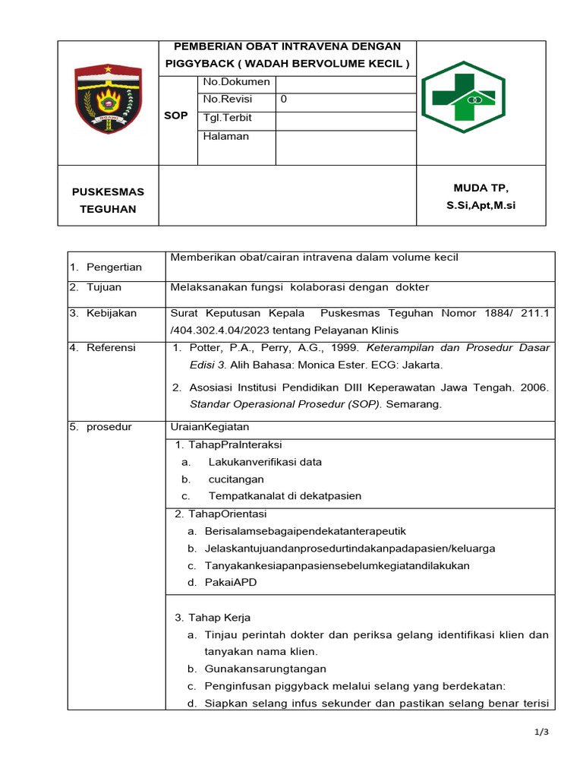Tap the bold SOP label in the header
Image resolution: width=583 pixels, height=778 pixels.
click(176, 115)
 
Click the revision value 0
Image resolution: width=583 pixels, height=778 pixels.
click(284, 100)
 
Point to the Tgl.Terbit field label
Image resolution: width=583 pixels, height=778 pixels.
click(228, 118)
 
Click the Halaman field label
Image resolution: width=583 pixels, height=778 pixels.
click(226, 136)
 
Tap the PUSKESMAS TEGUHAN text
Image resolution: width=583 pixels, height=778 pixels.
click(108, 200)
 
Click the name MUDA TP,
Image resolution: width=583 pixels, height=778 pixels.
click(481, 188)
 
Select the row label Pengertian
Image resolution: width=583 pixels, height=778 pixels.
click(114, 267)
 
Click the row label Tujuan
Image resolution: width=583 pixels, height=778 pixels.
click(104, 287)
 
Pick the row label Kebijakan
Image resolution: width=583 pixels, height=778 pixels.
click(111, 312)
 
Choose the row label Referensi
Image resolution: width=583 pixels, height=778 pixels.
click(111, 347)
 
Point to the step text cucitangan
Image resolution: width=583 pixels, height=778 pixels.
click(236, 479)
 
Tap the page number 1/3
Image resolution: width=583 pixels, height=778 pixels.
click(540, 732)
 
